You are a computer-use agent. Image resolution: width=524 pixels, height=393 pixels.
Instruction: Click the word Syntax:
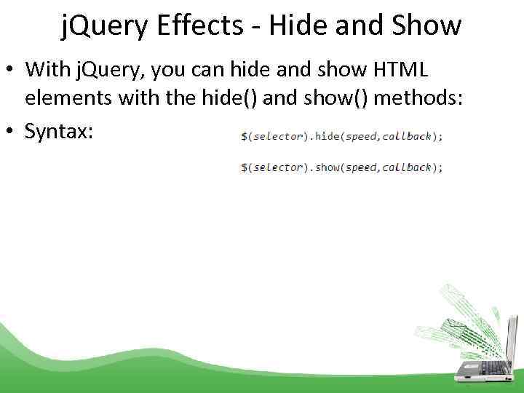[58, 131]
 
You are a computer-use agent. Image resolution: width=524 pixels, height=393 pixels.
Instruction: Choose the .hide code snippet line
[341, 136]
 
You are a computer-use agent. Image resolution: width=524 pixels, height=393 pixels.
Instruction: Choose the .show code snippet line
[341, 167]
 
